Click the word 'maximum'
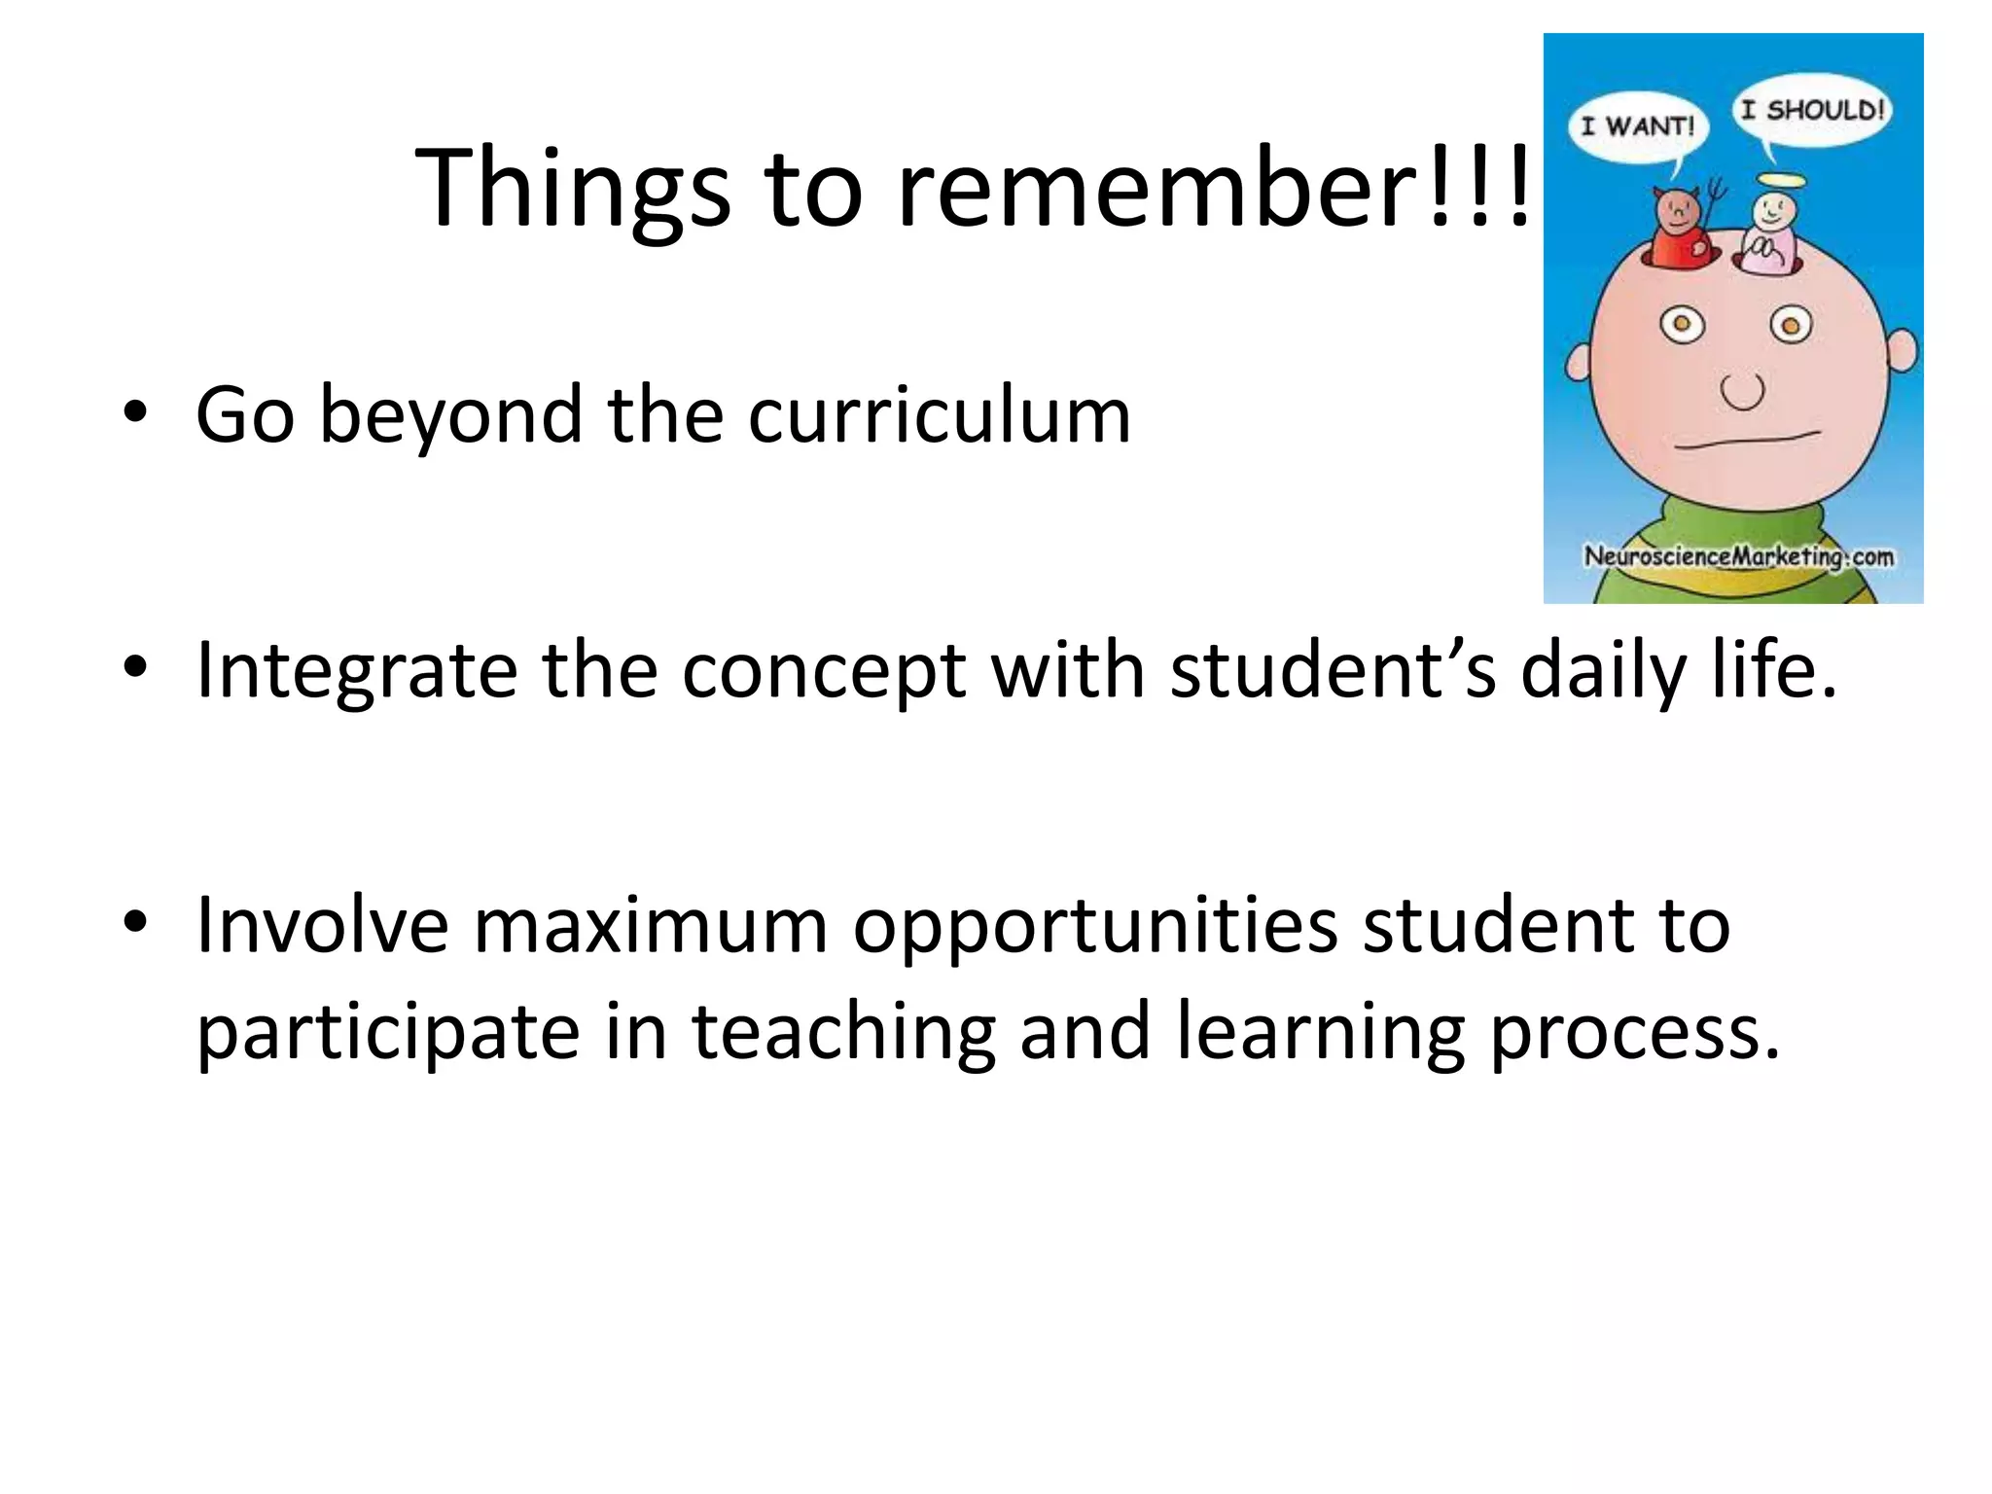(651, 925)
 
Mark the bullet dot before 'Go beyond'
(135, 412)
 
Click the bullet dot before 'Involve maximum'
(135, 921)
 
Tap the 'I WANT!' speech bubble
(1638, 126)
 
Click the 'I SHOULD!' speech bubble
(1811, 110)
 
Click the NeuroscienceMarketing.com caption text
(1738, 557)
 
